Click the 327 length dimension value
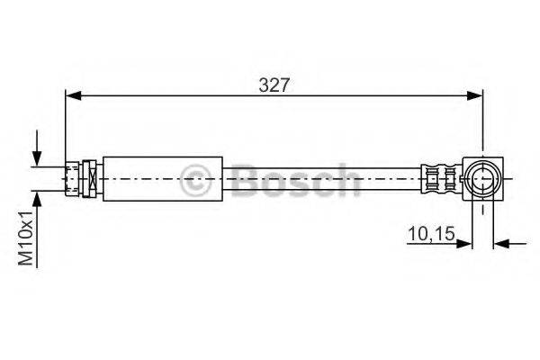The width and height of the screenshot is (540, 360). coord(274,85)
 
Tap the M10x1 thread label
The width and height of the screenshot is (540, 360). coord(26,238)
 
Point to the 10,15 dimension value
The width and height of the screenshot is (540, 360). coord(431,234)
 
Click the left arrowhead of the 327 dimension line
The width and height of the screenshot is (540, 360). coord(73,96)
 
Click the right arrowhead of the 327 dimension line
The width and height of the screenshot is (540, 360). coord(474,96)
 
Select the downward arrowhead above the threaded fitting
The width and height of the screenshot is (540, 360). coord(37,158)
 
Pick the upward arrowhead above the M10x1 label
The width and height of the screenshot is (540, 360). coord(37,199)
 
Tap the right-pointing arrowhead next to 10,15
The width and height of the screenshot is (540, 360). coord(463,244)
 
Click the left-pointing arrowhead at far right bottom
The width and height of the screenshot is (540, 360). coord(501,244)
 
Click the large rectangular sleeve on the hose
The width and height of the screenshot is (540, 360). coord(163,179)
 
